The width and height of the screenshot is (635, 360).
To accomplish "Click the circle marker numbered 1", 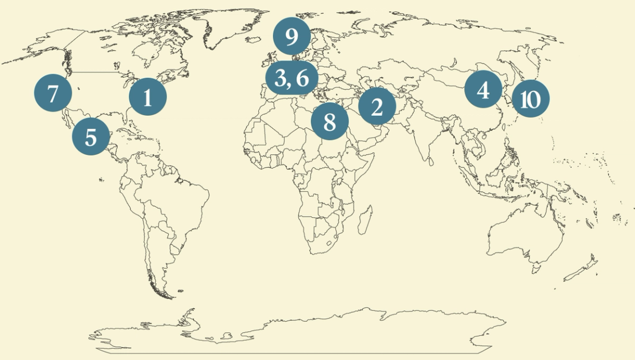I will (147, 96).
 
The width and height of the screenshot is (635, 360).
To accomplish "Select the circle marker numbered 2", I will (377, 106).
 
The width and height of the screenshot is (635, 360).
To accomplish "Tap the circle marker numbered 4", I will (483, 89).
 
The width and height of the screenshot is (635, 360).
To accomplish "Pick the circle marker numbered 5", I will (90, 136).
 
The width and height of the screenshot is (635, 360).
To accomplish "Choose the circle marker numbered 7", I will (53, 94).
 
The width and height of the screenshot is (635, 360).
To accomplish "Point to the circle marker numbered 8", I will (329, 121).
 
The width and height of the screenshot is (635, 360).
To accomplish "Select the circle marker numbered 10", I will (530, 99).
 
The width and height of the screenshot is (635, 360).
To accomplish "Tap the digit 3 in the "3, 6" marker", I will (280, 78).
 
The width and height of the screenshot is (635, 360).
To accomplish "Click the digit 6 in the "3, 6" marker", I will (302, 78).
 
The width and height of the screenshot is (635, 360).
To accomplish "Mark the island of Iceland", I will (253, 40).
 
